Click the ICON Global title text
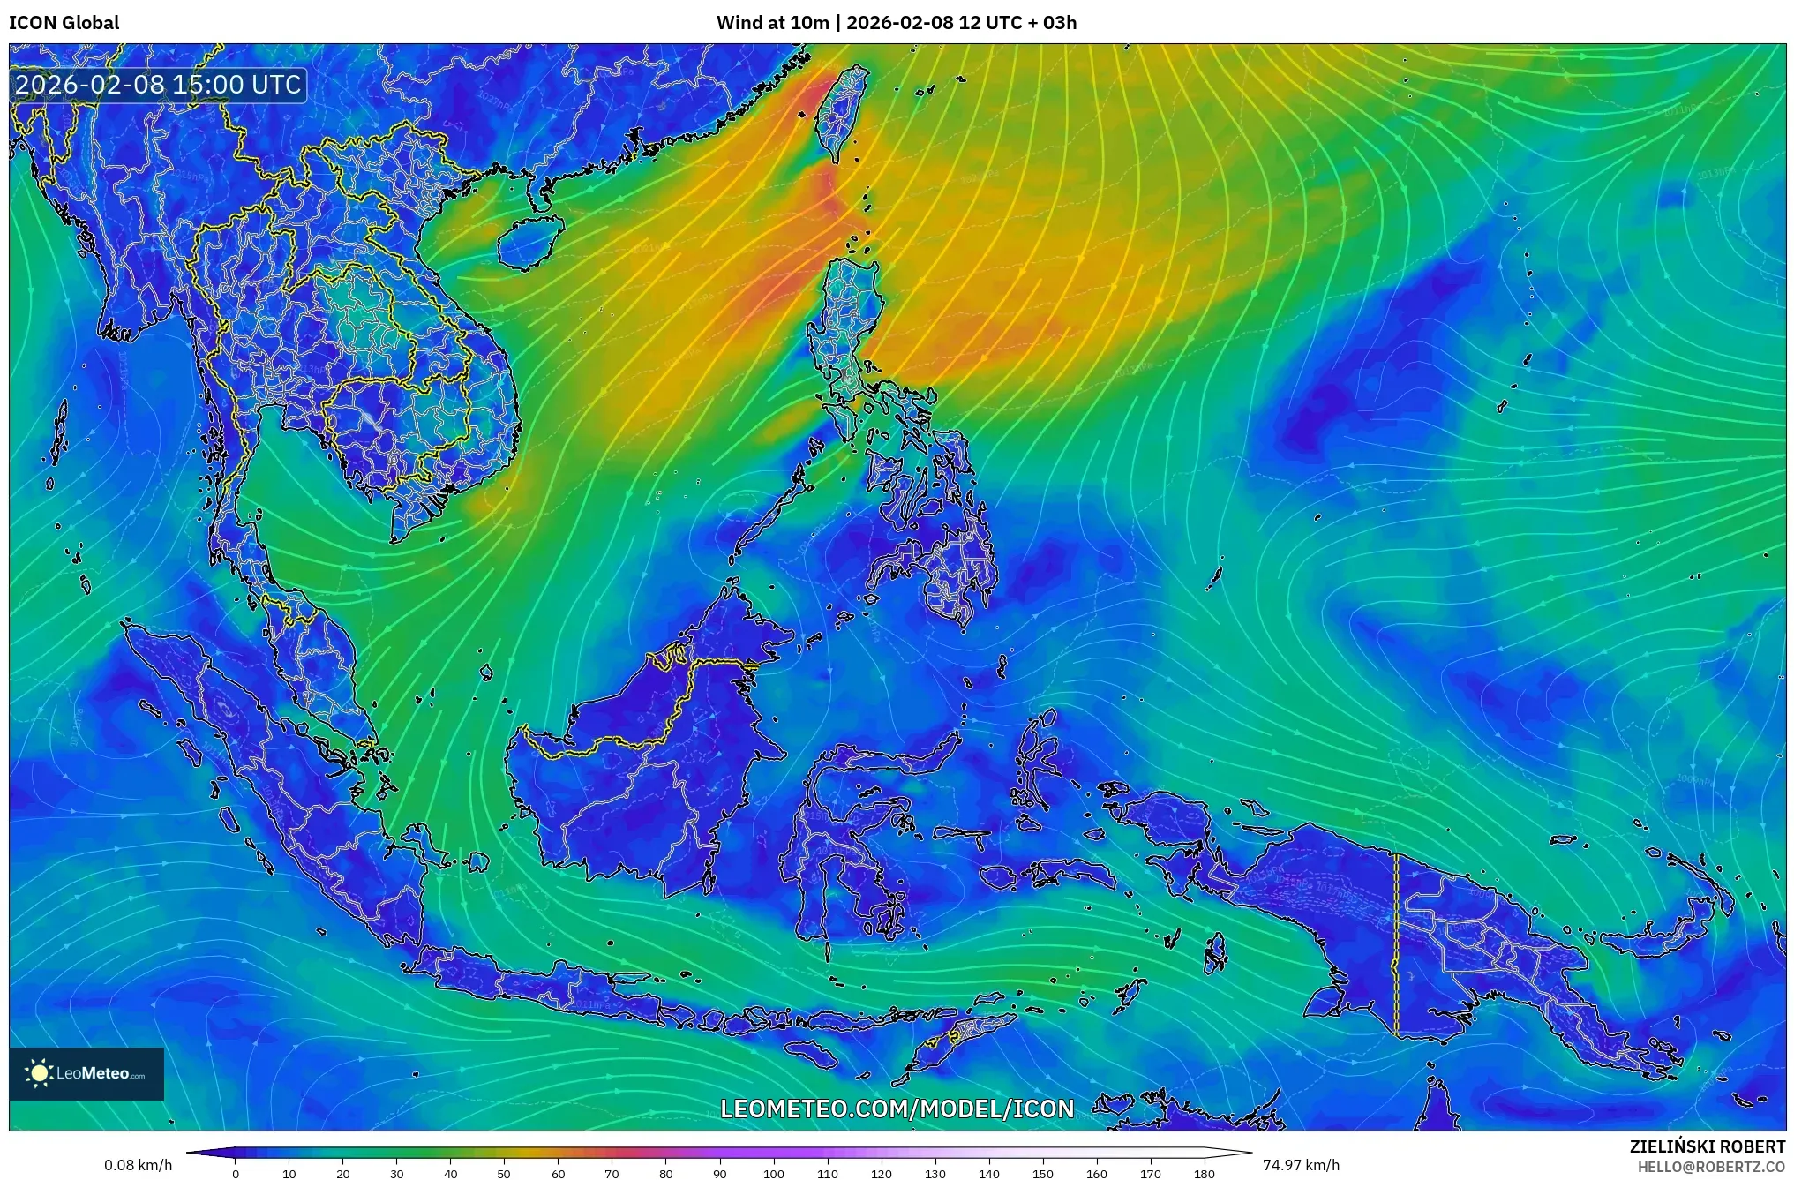[64, 23]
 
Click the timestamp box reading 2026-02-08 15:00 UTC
[159, 85]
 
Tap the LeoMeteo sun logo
[39, 1073]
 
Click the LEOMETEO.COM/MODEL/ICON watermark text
[897, 1109]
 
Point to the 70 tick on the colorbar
[612, 1174]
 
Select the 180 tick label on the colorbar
[1204, 1174]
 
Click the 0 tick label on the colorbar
[236, 1174]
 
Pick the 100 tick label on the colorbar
[773, 1174]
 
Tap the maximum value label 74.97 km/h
[1301, 1165]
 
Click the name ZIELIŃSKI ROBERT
[1708, 1146]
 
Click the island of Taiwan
[841, 115]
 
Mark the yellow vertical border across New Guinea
[1397, 944]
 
